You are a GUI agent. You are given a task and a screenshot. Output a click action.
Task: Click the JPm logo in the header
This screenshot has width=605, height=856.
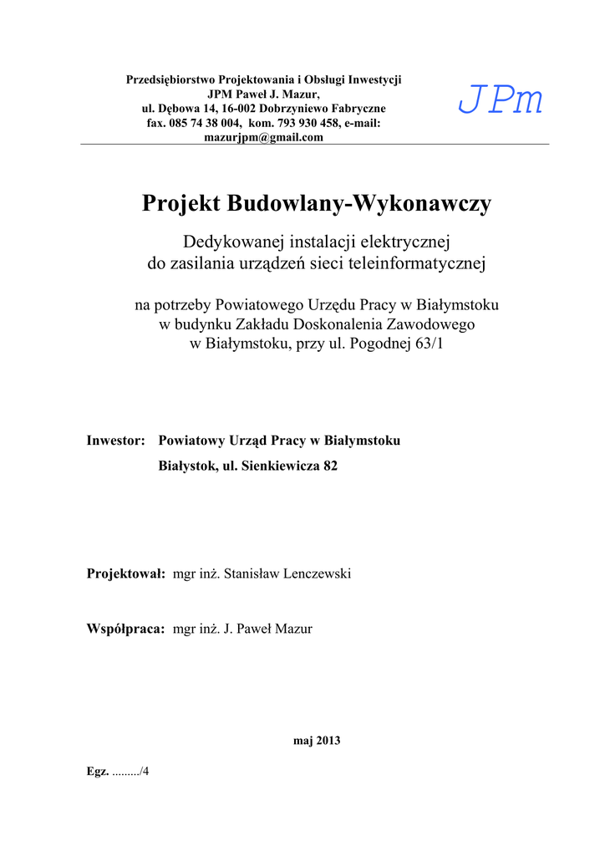tap(501, 102)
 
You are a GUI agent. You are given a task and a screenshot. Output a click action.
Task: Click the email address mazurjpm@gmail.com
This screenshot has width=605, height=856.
tap(263, 138)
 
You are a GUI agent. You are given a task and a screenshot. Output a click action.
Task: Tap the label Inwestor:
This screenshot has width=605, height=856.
tap(117, 441)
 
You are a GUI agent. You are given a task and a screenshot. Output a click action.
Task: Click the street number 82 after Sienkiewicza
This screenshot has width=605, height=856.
tap(330, 466)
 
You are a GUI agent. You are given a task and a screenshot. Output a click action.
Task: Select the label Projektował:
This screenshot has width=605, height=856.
tap(126, 573)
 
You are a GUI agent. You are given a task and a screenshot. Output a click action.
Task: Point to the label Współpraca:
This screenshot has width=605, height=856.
tap(125, 629)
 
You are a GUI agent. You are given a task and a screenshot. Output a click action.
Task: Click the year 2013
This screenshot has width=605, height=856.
tap(328, 741)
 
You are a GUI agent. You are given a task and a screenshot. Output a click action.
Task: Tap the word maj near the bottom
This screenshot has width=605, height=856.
tap(302, 741)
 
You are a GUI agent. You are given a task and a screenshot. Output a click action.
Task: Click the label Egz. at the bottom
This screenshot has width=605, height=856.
tap(98, 771)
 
